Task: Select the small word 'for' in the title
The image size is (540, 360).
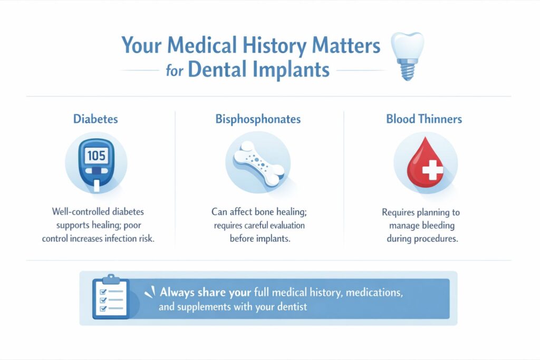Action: pyautogui.click(x=175, y=71)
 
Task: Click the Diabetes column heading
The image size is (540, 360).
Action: pyautogui.click(x=95, y=119)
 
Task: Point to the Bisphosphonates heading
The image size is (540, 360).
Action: pyautogui.click(x=258, y=119)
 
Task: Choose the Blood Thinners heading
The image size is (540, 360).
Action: pyautogui.click(x=423, y=119)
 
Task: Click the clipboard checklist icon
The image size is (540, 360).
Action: pyautogui.click(x=110, y=297)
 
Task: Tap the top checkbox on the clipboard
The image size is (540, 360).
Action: pyautogui.click(x=103, y=290)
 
